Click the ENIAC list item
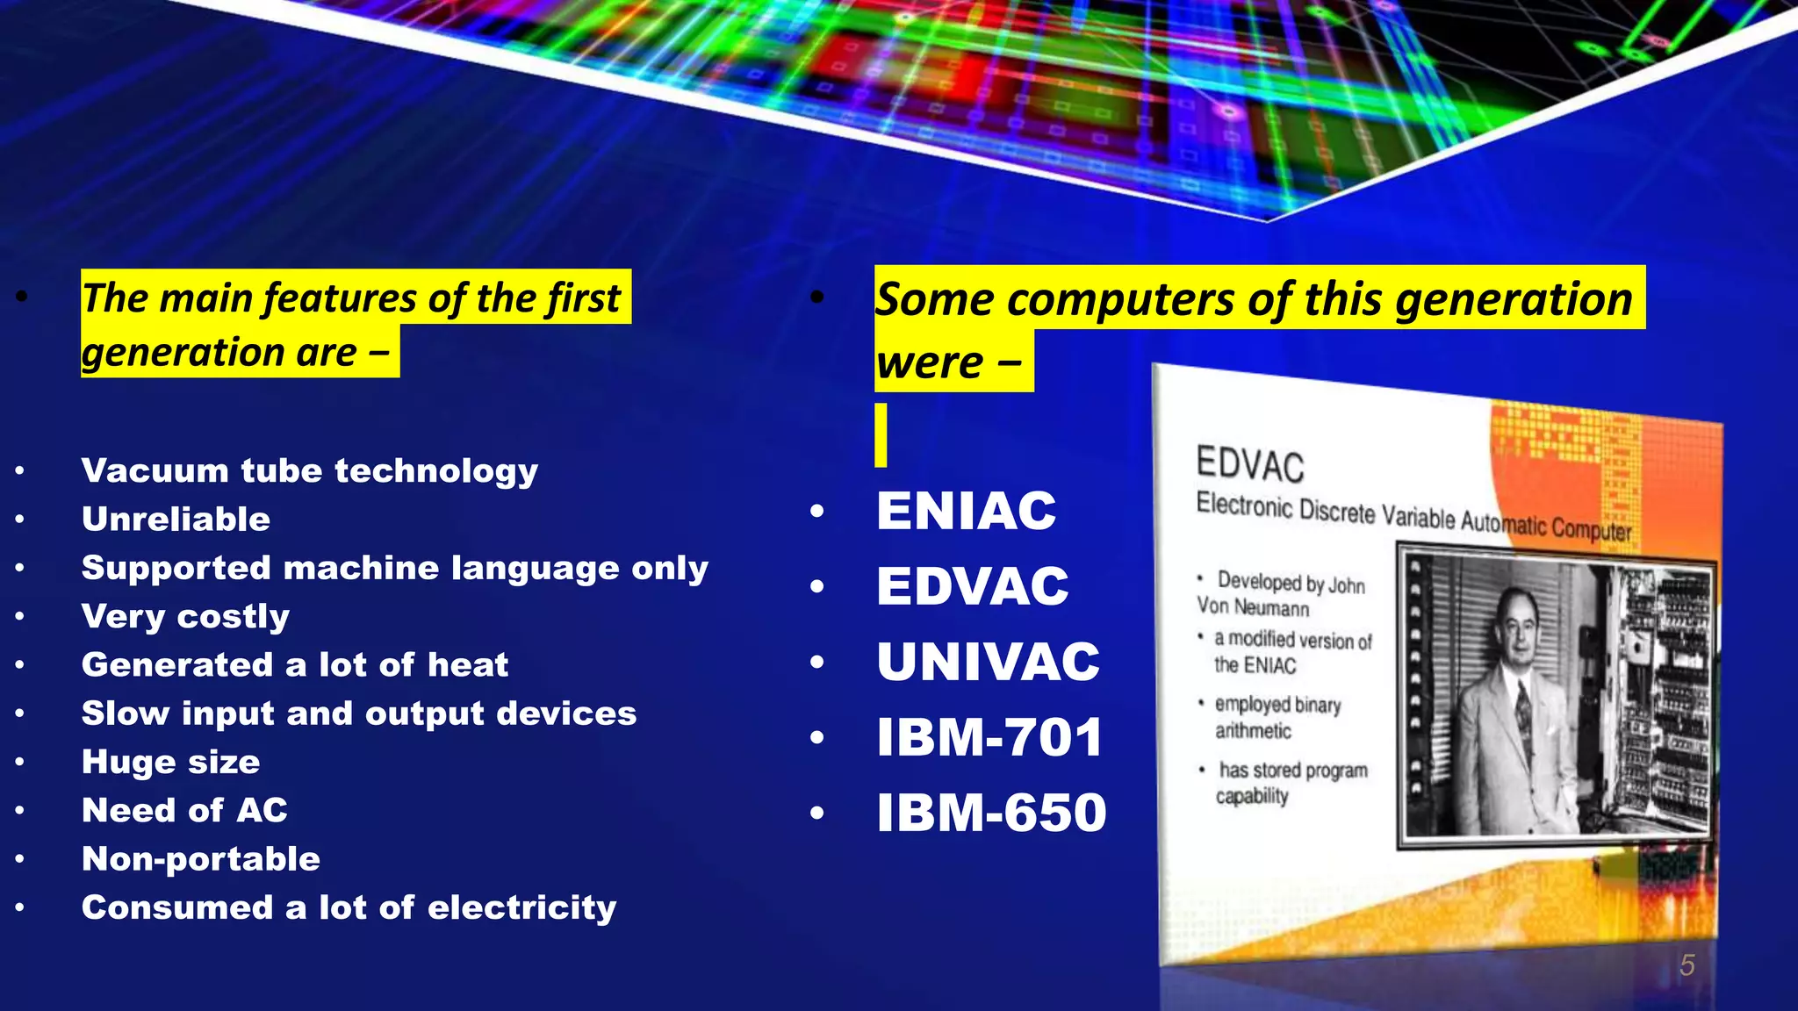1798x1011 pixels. coord(966,511)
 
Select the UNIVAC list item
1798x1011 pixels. coord(988,662)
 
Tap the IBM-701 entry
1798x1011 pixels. coord(989,737)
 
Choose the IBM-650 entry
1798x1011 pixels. coord(991,813)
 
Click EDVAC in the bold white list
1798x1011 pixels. coord(973,586)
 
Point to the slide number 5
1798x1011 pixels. coord(1687,965)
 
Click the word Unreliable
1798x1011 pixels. coord(176,520)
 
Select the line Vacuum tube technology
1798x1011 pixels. coord(309,471)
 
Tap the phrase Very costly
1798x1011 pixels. coord(185,617)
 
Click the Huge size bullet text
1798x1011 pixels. coord(170,763)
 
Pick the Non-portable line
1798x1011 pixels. coord(200,859)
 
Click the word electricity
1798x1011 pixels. coord(521,908)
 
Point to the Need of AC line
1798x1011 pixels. coord(184,811)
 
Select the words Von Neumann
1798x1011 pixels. coord(1253,606)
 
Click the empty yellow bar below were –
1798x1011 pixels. coord(881,435)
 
